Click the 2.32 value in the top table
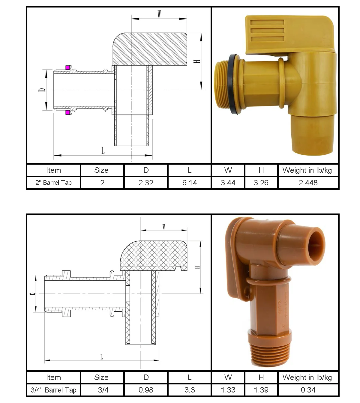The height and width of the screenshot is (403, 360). tap(146, 183)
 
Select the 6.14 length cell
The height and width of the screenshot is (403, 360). tap(190, 183)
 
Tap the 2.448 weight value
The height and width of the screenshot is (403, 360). tap(308, 183)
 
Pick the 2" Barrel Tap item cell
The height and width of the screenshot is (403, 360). tap(53, 183)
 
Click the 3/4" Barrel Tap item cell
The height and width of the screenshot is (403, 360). tap(53, 390)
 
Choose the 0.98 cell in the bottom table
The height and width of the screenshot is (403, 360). tap(146, 390)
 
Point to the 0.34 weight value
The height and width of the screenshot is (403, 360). tap(308, 390)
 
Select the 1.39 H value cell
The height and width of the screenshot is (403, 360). tap(261, 390)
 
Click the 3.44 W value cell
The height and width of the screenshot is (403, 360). tap(228, 183)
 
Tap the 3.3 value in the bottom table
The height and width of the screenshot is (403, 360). tap(190, 390)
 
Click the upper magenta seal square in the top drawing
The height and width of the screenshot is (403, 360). tap(68, 67)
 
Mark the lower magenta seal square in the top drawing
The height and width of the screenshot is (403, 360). tap(68, 112)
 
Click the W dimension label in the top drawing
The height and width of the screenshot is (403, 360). tap(159, 14)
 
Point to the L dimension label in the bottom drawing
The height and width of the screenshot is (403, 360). tap(102, 357)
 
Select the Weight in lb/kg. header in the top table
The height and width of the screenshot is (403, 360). tap(308, 170)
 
